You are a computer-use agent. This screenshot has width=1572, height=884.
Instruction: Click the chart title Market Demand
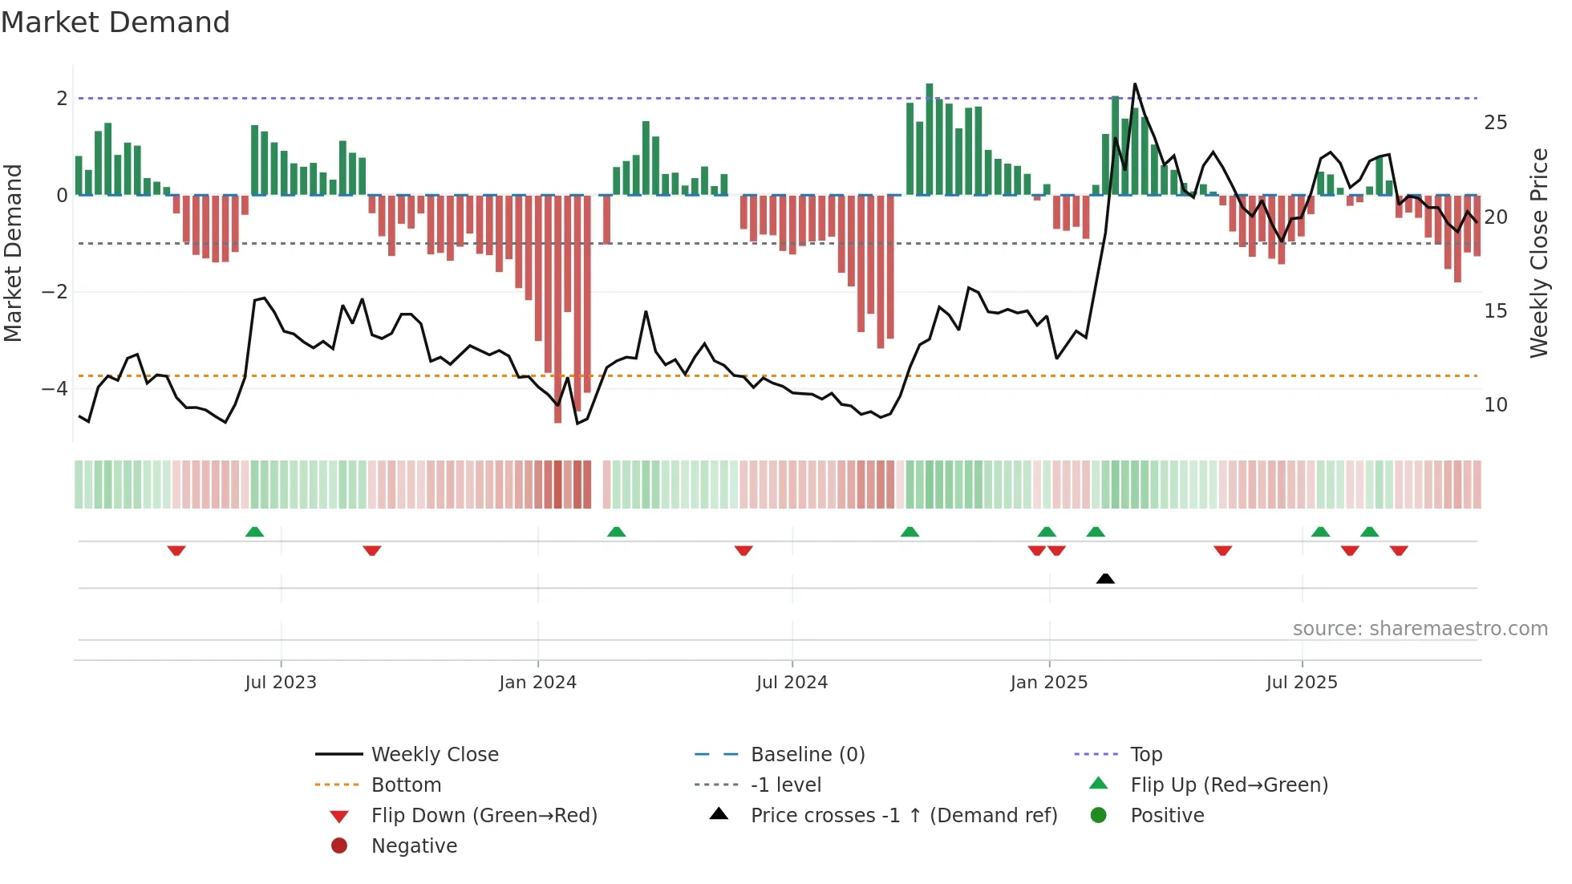coord(115,22)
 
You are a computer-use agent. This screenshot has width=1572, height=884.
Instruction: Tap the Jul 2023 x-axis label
coord(281,683)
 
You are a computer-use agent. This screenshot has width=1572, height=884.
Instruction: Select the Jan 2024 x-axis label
coord(537,683)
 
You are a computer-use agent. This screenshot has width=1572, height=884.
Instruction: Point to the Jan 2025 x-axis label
coord(1048,683)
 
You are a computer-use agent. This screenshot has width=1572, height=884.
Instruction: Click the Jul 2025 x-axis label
coord(1302,683)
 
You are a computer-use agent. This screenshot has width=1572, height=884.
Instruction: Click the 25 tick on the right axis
coord(1495,123)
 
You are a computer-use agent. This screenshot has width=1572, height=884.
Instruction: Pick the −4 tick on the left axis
coord(55,389)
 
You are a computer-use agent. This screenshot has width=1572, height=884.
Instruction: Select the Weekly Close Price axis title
coord(1538,253)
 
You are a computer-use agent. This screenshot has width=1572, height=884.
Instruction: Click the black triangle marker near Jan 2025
coord(1105,578)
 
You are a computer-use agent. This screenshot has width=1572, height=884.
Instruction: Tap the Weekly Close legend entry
coord(434,755)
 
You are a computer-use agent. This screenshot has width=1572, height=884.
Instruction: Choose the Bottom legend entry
coord(406,785)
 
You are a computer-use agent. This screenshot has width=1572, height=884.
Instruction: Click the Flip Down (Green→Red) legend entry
coord(484,816)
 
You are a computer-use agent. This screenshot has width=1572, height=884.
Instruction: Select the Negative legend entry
coord(414,846)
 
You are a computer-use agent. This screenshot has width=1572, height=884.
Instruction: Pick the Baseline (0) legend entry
coord(807,755)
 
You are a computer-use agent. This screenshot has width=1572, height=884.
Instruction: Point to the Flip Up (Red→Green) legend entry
coord(1229,785)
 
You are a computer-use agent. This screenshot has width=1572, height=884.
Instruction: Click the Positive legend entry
coord(1167,816)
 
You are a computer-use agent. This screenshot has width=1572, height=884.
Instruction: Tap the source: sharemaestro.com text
coord(1420,629)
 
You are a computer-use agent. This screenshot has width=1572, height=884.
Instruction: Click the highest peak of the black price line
coord(1135,84)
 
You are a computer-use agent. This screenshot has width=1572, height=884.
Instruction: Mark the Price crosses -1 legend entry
coord(903,816)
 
